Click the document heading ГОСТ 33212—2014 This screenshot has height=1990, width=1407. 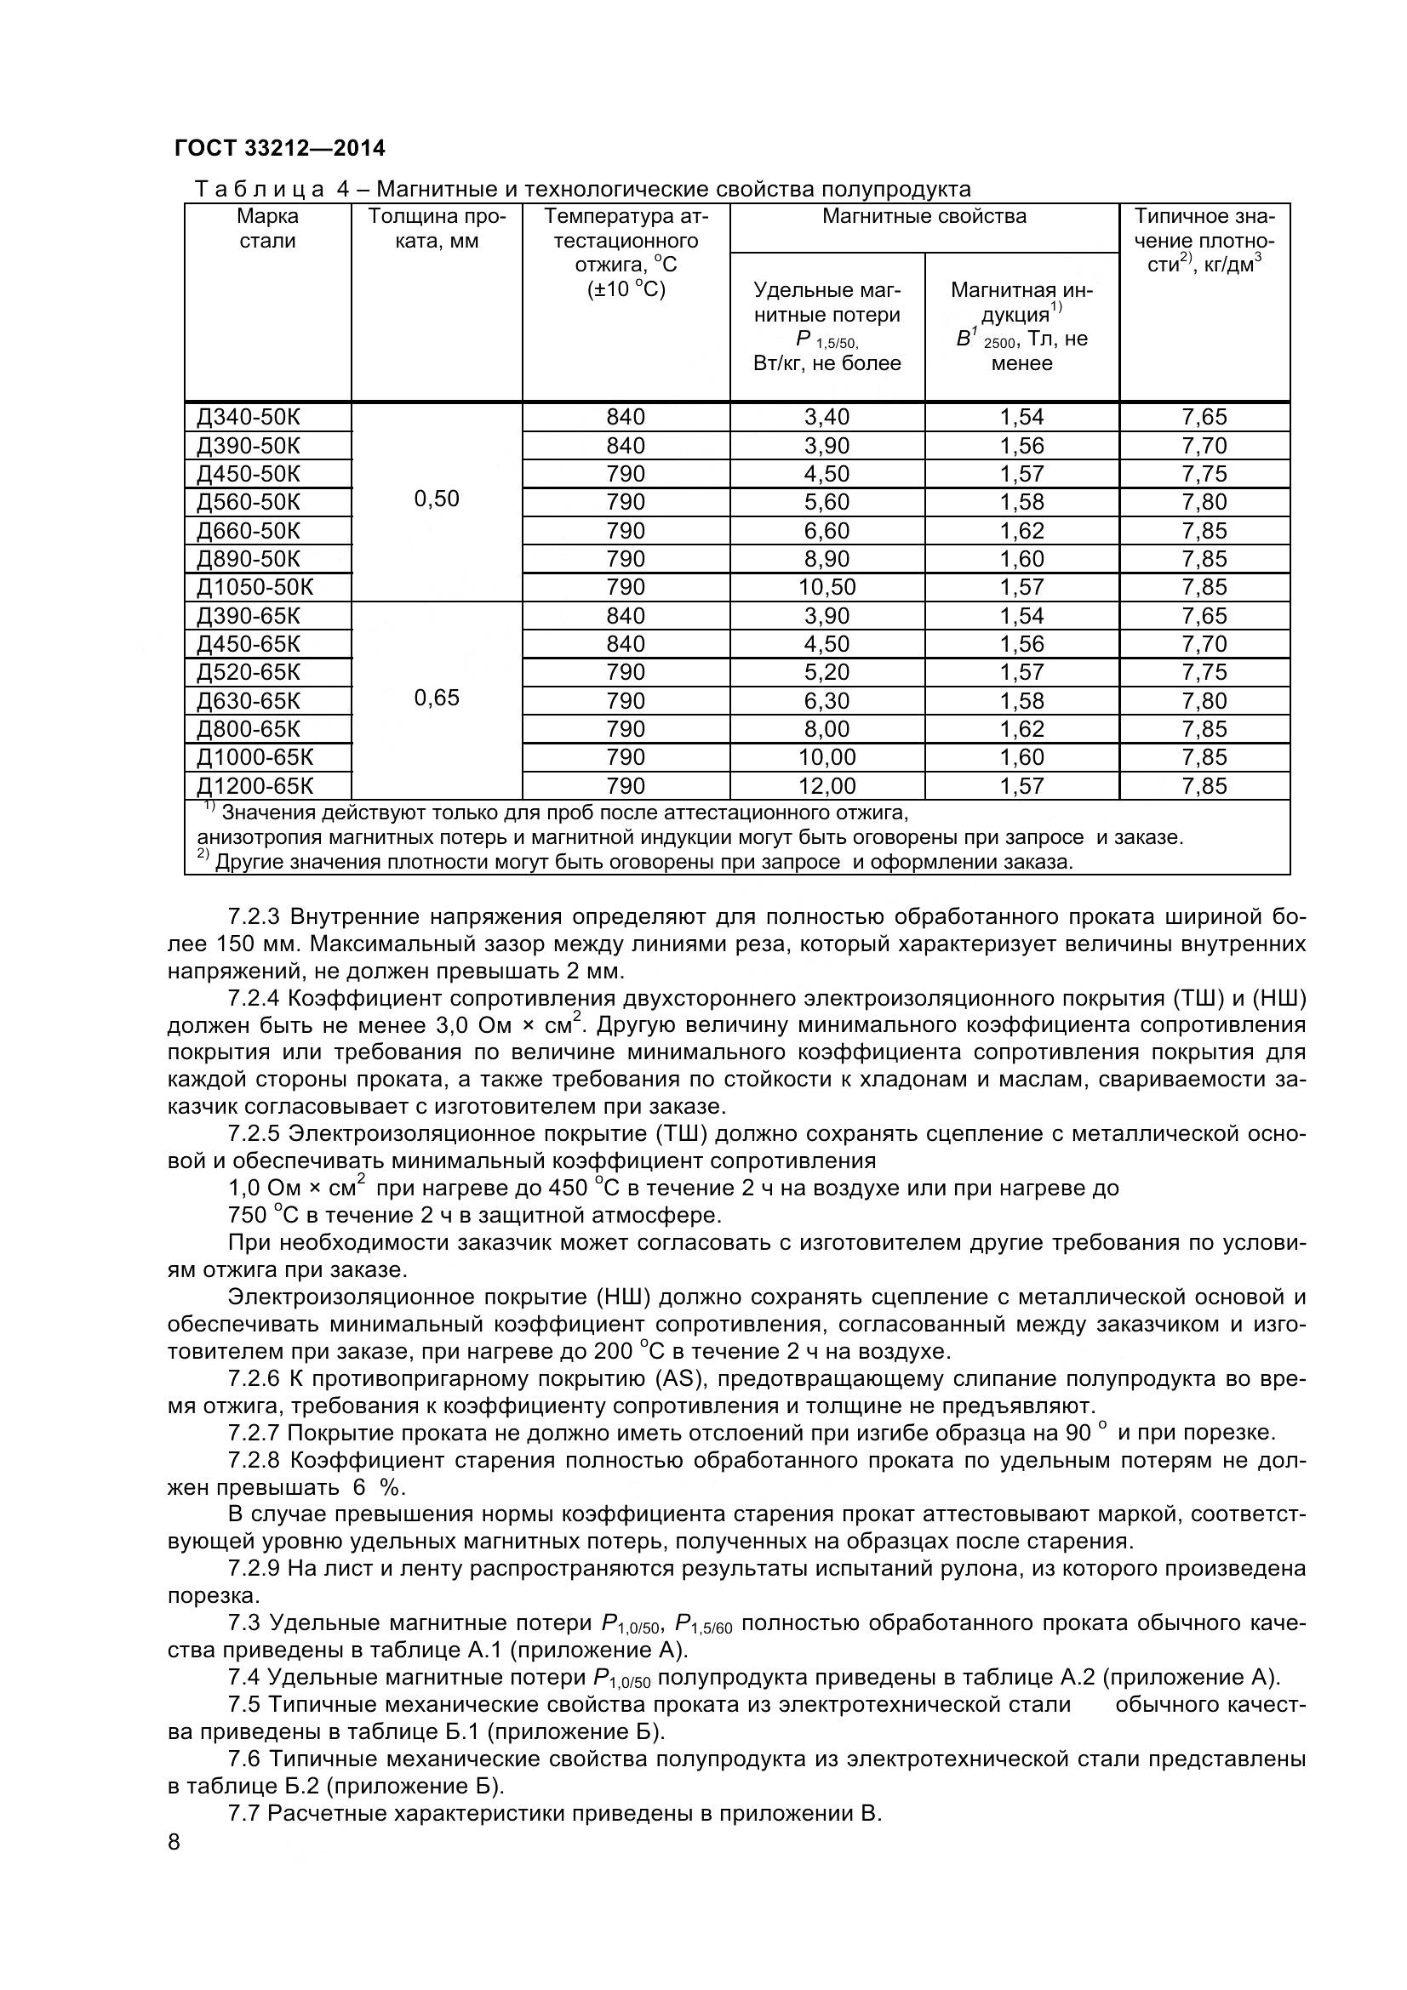coord(279,149)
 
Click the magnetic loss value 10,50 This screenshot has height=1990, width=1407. coord(826,587)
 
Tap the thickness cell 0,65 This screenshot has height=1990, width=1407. coord(436,698)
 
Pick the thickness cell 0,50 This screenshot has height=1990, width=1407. coord(436,499)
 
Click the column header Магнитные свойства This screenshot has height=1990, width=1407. coord(924,217)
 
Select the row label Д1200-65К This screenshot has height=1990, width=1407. coord(255,786)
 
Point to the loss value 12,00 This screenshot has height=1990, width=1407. coord(826,786)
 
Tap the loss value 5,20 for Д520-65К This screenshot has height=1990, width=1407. coord(826,672)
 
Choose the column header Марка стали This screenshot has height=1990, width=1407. coord(267,229)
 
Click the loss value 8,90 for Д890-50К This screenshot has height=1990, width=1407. coord(826,558)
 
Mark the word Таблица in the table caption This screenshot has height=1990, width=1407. coord(260,189)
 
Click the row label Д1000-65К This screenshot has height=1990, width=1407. coord(255,756)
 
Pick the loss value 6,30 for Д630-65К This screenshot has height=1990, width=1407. coord(826,700)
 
